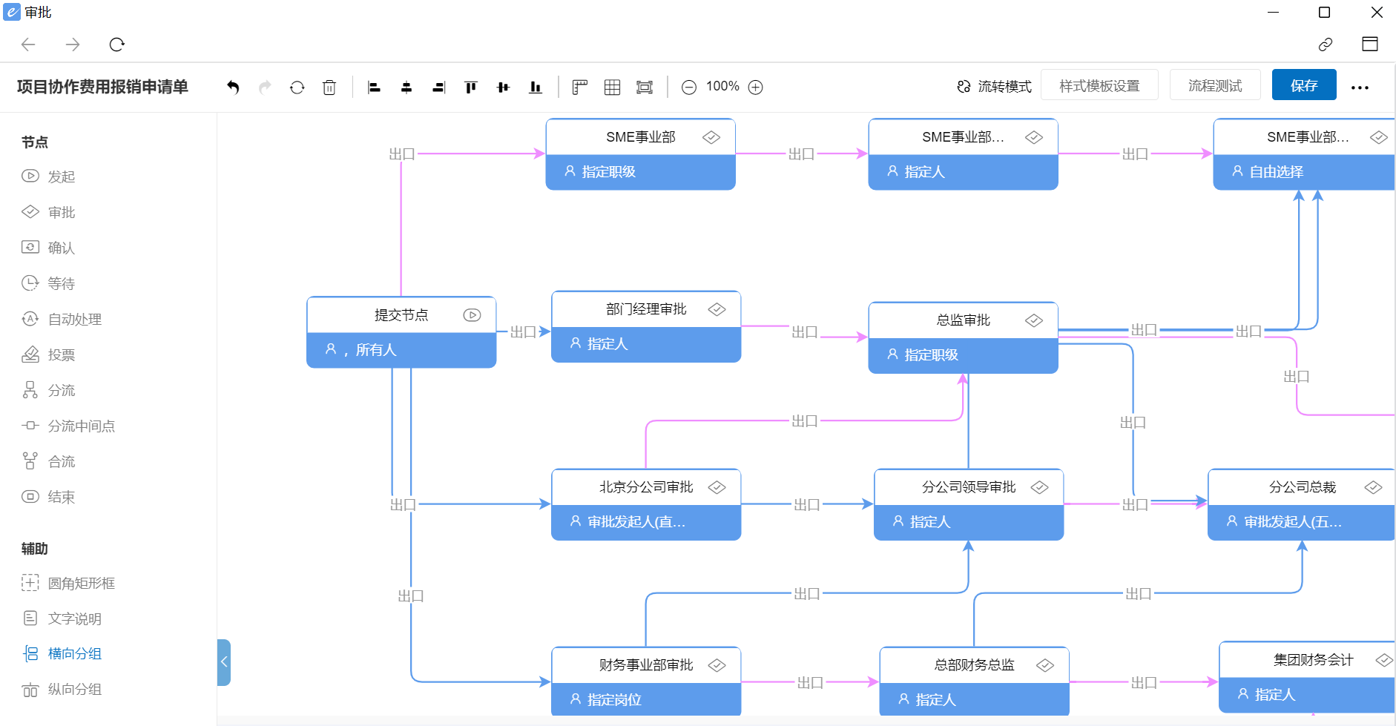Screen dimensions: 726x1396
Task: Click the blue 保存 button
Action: (x=1303, y=85)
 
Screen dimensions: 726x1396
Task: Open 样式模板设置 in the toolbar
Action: (x=1099, y=85)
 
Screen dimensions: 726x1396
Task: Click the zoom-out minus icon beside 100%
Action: (x=688, y=88)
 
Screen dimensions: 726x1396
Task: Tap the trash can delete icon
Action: (x=329, y=88)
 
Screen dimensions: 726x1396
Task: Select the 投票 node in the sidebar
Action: (x=61, y=354)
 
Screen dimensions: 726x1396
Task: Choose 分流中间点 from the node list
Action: (x=81, y=426)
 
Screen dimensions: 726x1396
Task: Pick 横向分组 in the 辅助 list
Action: (x=74, y=653)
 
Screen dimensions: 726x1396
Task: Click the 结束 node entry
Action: (x=61, y=497)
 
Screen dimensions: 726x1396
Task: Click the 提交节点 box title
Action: (x=401, y=315)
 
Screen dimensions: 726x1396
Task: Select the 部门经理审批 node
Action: (x=645, y=309)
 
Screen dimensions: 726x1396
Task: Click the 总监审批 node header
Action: (x=962, y=320)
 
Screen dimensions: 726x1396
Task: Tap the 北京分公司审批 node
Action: (x=645, y=487)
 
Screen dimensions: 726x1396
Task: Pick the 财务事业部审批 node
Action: (x=645, y=665)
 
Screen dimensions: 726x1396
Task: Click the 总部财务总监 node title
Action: (x=973, y=665)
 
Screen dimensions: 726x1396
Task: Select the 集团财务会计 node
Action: (x=1312, y=660)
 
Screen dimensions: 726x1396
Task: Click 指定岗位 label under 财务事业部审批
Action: (x=613, y=699)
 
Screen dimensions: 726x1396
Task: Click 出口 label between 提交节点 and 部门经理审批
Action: (x=523, y=332)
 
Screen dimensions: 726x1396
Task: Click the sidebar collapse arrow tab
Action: (x=224, y=661)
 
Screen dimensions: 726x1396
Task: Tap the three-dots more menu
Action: (x=1359, y=88)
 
